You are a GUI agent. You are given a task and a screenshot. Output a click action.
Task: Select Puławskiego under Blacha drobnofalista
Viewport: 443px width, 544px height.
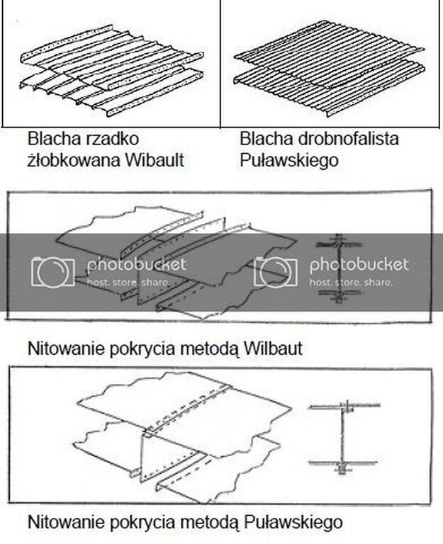point(288,160)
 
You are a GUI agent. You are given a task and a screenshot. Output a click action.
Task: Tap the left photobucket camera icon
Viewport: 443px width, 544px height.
point(52,271)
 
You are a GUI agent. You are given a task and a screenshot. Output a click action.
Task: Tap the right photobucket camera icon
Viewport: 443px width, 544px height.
point(276,271)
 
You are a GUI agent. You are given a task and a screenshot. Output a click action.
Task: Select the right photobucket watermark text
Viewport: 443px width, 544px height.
point(359,266)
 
